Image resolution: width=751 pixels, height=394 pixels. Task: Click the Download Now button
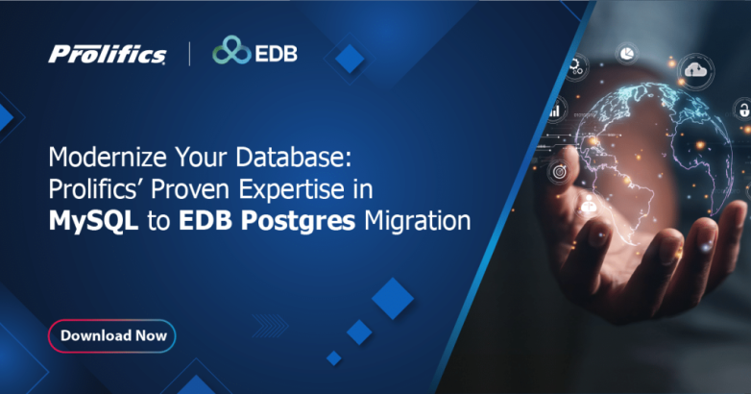tap(112, 335)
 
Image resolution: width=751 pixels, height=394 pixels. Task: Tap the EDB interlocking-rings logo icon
tap(230, 51)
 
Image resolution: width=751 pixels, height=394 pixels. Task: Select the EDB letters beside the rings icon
tap(276, 52)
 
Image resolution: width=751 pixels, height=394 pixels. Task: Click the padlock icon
tap(742, 108)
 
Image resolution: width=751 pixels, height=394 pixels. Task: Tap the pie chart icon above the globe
tap(625, 50)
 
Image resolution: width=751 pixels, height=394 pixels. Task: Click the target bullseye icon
tap(558, 172)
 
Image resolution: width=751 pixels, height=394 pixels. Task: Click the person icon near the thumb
tap(589, 206)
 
